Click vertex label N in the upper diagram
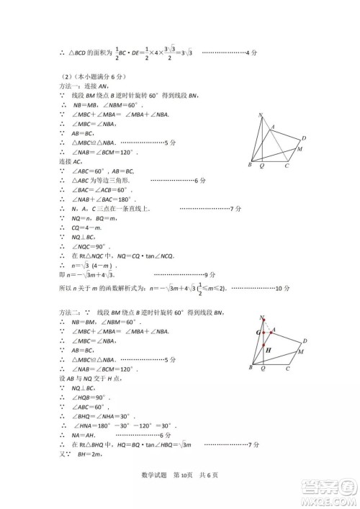261,115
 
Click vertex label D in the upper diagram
305,138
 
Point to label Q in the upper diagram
261,166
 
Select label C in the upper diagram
287,166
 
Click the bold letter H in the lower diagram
267,350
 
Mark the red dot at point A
271,332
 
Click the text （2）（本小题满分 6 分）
94,76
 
